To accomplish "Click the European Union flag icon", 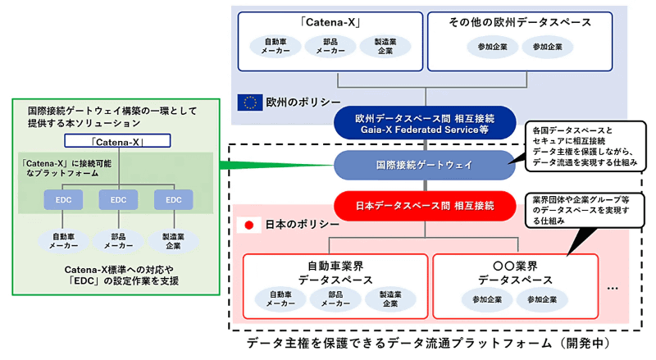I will click(249, 103).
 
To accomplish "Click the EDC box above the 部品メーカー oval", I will click(118, 198).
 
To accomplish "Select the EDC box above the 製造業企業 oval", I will click(173, 198).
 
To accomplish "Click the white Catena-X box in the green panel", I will click(117, 141).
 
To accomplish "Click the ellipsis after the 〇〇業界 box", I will click(617, 289).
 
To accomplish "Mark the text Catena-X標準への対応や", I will click(118, 268).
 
